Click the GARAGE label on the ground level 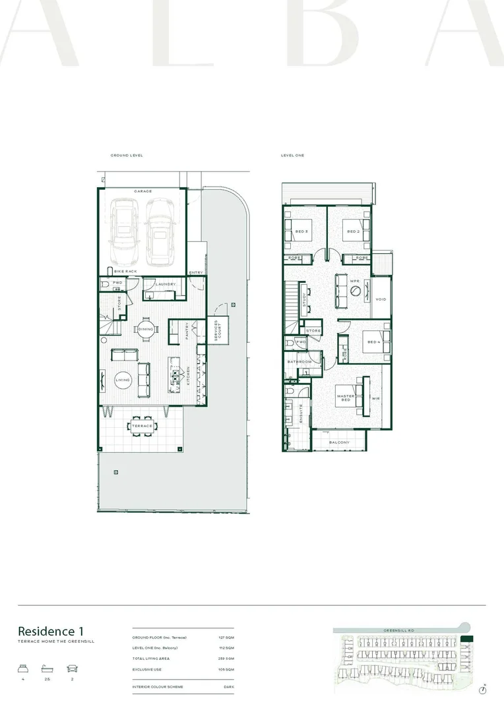[142, 191]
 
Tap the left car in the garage [123, 231]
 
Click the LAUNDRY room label [165, 284]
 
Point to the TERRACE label [142, 426]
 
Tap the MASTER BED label [346, 398]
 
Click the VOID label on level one [380, 299]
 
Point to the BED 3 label [301, 231]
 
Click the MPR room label [354, 282]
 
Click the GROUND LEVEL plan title [127, 156]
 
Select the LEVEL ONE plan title [293, 156]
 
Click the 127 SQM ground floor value [226, 638]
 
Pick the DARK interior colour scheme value [228, 688]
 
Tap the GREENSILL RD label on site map [398, 631]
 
